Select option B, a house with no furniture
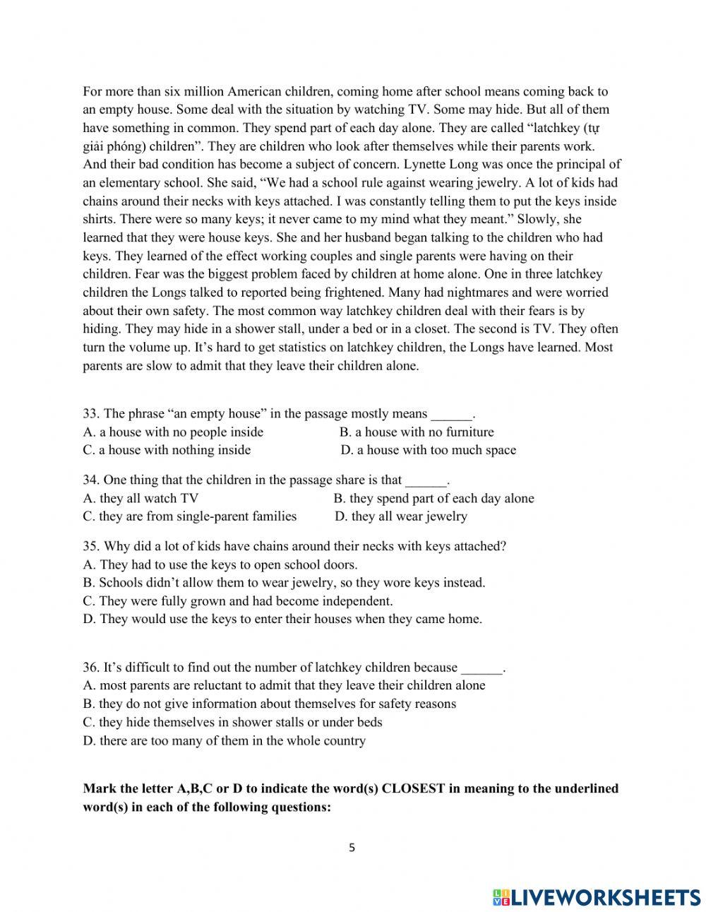coord(417,432)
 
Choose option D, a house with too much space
coord(428,451)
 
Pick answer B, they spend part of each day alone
coord(433,498)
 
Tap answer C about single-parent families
coord(189,516)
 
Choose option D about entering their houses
coord(282,619)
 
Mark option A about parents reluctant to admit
coord(284,685)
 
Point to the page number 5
coord(352,848)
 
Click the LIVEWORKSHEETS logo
coord(597,896)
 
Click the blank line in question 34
coord(426,481)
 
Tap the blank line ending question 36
coord(481,668)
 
